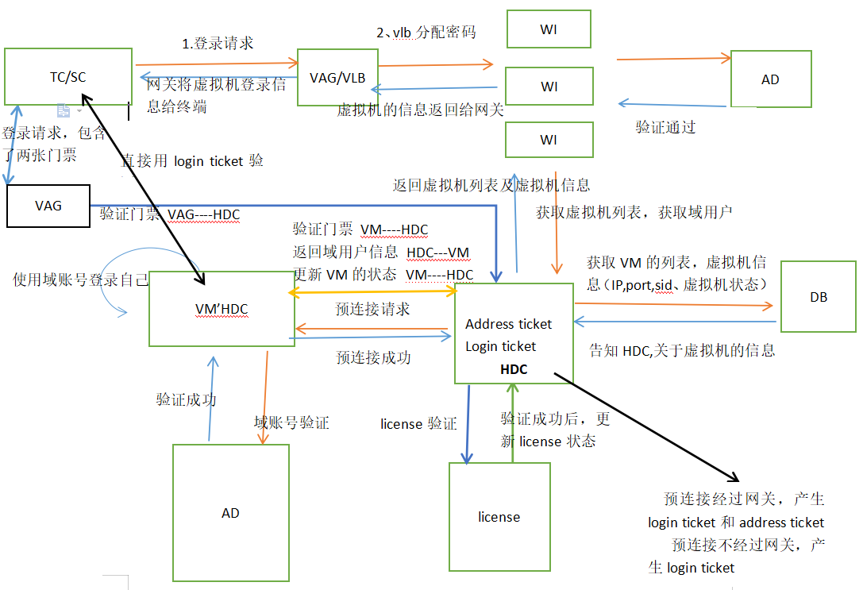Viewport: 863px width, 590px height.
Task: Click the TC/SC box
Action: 67,76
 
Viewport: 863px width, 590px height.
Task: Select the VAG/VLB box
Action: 337,77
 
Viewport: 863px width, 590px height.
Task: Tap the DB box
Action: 819,297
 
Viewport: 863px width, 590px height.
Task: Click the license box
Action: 499,517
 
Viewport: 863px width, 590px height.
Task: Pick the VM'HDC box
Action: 222,309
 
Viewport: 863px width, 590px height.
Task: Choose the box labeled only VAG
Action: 48,206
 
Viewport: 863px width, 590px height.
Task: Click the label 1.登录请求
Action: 218,44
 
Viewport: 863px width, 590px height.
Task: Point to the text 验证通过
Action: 665,126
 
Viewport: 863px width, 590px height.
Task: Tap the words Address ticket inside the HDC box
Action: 508,324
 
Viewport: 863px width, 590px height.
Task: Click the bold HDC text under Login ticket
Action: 514,369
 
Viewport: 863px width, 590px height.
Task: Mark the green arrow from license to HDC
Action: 513,421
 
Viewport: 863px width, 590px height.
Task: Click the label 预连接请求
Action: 372,309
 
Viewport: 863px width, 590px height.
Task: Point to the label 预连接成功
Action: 373,357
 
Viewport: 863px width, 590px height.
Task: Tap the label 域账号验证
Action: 291,423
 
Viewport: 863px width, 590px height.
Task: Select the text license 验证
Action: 418,424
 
